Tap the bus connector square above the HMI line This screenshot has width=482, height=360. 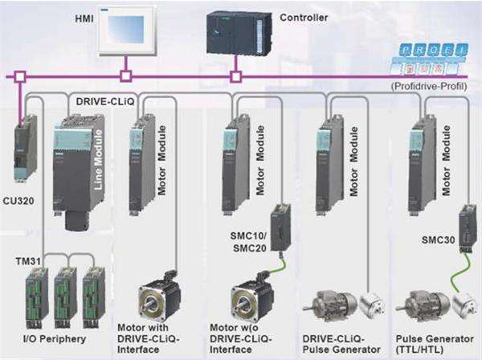coord(125,77)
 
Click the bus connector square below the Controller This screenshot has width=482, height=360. coord(235,77)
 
